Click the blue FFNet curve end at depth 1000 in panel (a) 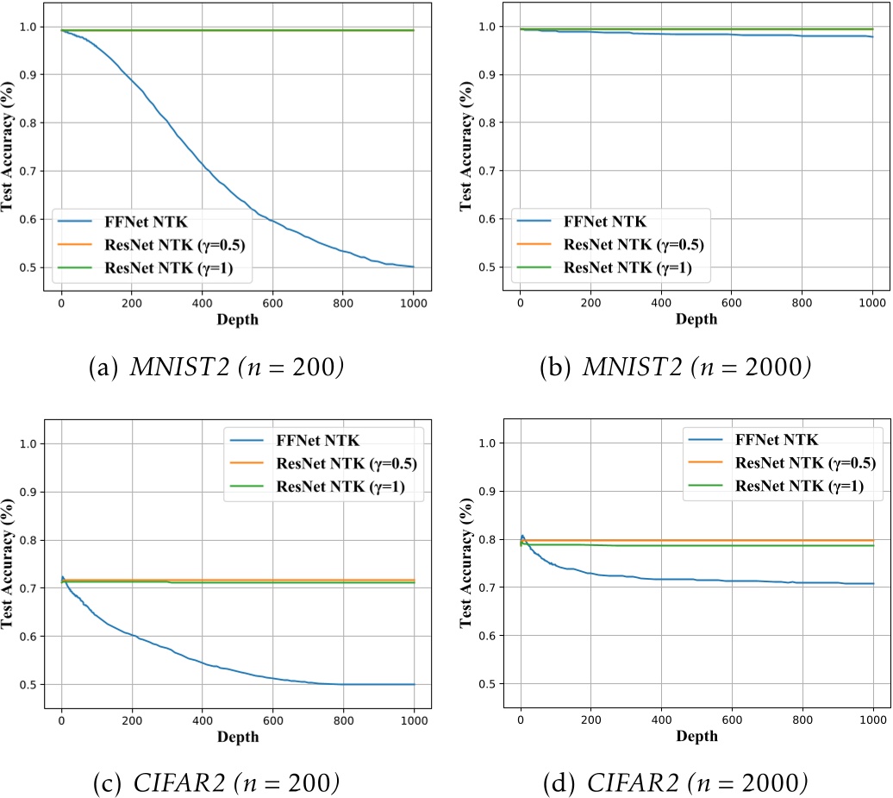point(414,267)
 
